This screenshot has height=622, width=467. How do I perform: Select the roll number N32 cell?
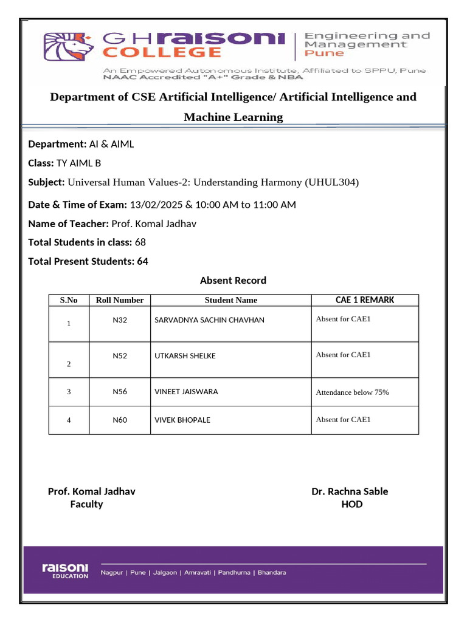[x=120, y=320]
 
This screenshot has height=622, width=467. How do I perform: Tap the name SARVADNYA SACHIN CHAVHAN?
[x=209, y=320]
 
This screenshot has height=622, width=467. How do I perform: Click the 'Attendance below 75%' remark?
[x=352, y=392]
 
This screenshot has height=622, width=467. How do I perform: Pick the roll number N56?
[x=120, y=392]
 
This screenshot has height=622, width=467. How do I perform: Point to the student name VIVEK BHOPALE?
[x=182, y=420]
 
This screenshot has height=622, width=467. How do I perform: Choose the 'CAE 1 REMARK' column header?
[x=365, y=300]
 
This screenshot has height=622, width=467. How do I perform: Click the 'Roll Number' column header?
[x=120, y=300]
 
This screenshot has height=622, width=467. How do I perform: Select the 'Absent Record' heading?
[x=233, y=281]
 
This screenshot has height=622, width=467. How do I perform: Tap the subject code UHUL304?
[x=332, y=182]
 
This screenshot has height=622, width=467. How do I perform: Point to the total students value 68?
[x=140, y=242]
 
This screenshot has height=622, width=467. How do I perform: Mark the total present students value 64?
[x=143, y=262]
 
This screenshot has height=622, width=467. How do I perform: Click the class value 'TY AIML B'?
[x=78, y=163]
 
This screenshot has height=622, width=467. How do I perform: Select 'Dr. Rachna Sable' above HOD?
[x=350, y=491]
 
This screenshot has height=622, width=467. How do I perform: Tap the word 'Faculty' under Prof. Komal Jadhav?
[x=86, y=505]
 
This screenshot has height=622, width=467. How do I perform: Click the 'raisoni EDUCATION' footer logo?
[x=65, y=570]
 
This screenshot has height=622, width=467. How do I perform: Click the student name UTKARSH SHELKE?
[x=185, y=356]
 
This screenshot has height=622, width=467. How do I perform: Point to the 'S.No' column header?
[x=69, y=300]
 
